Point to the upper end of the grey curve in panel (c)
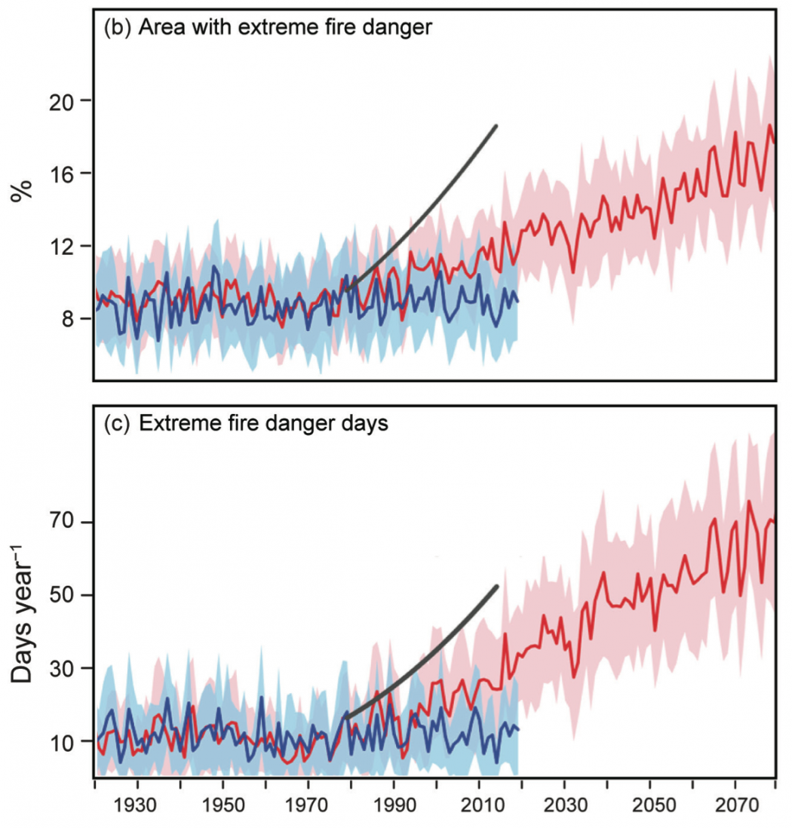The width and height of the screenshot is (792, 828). point(496,586)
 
